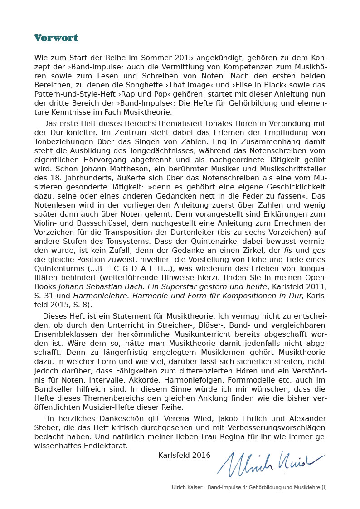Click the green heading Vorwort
(56, 38)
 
